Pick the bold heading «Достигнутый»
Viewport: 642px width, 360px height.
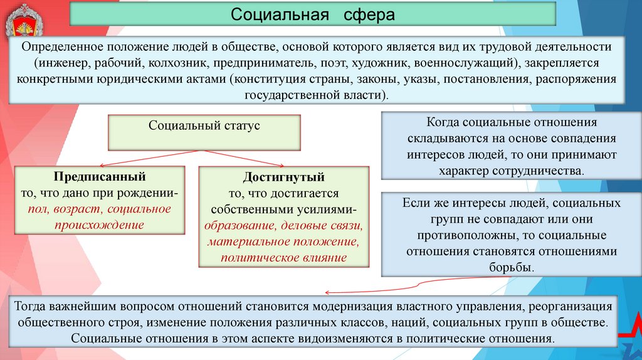click(285, 178)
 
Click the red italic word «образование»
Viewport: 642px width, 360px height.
click(239, 225)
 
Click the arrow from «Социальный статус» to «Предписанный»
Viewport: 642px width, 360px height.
click(139, 157)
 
